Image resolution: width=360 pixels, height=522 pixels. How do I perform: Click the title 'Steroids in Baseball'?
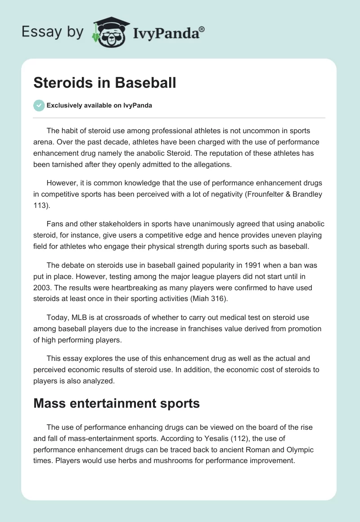(x=104, y=82)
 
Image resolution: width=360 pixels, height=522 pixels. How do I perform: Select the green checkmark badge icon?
(x=39, y=105)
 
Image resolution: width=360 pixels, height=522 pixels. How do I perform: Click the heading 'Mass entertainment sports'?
(x=117, y=403)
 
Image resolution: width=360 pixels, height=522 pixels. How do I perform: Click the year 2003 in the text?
(x=42, y=288)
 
